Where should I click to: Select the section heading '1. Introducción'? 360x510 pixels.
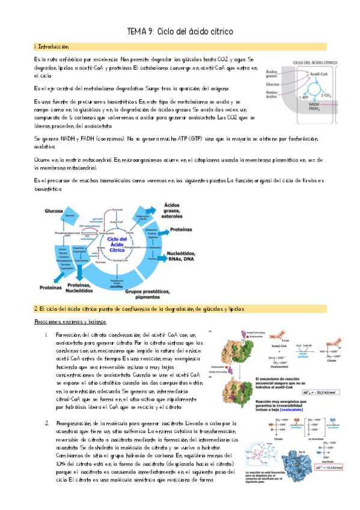click(x=52, y=46)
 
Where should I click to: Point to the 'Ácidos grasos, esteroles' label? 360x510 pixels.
click(x=177, y=210)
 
